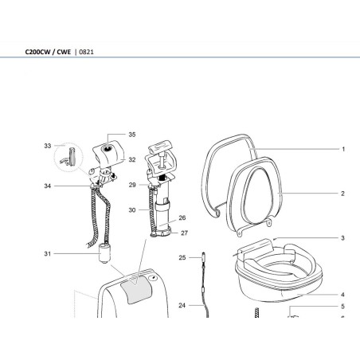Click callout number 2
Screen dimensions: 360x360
(x=342, y=194)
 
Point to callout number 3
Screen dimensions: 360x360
(x=342, y=238)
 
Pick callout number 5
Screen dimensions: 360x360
(x=342, y=306)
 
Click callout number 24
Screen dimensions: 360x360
(x=182, y=305)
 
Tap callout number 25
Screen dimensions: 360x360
(x=182, y=258)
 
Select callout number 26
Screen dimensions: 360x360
(x=182, y=217)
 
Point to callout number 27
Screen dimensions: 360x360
(x=184, y=233)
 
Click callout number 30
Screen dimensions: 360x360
(x=133, y=210)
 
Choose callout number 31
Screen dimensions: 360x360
(x=48, y=254)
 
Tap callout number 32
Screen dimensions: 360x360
(x=131, y=159)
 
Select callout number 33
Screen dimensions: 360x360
(x=48, y=146)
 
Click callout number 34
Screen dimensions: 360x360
(x=48, y=186)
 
